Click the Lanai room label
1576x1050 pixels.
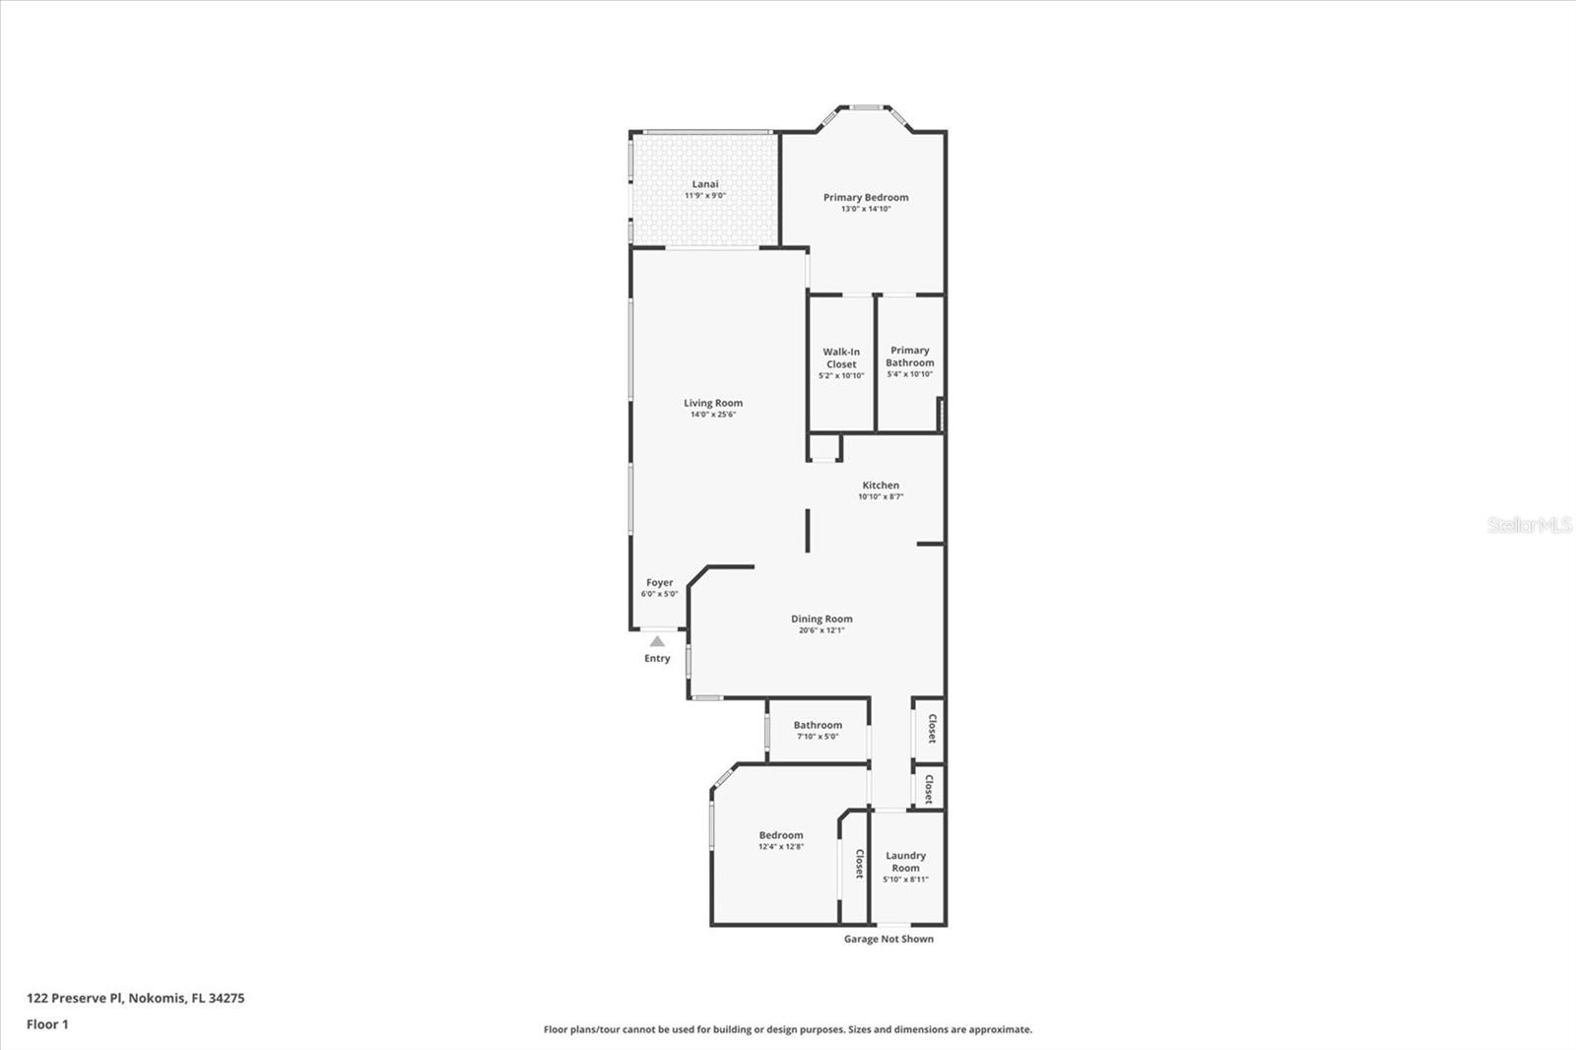[705, 184]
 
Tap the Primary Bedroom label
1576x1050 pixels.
[866, 197]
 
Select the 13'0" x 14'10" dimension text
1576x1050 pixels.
[866, 209]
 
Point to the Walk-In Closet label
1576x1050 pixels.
[841, 358]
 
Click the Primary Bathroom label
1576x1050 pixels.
[910, 357]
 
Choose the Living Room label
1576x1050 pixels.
[713, 403]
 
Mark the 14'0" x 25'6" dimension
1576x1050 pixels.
[713, 415]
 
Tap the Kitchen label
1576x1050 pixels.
[881, 485]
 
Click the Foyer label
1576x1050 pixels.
[659, 582]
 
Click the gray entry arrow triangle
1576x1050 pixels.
[657, 641]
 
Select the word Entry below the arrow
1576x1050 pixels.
[657, 658]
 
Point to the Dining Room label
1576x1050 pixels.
[821, 619]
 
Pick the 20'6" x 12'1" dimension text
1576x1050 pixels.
[821, 630]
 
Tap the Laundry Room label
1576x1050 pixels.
[905, 862]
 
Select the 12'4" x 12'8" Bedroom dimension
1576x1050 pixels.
[781, 847]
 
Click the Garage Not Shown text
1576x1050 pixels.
[888, 939]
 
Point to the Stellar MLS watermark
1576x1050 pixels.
[1529, 525]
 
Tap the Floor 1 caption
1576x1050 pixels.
[47, 1024]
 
